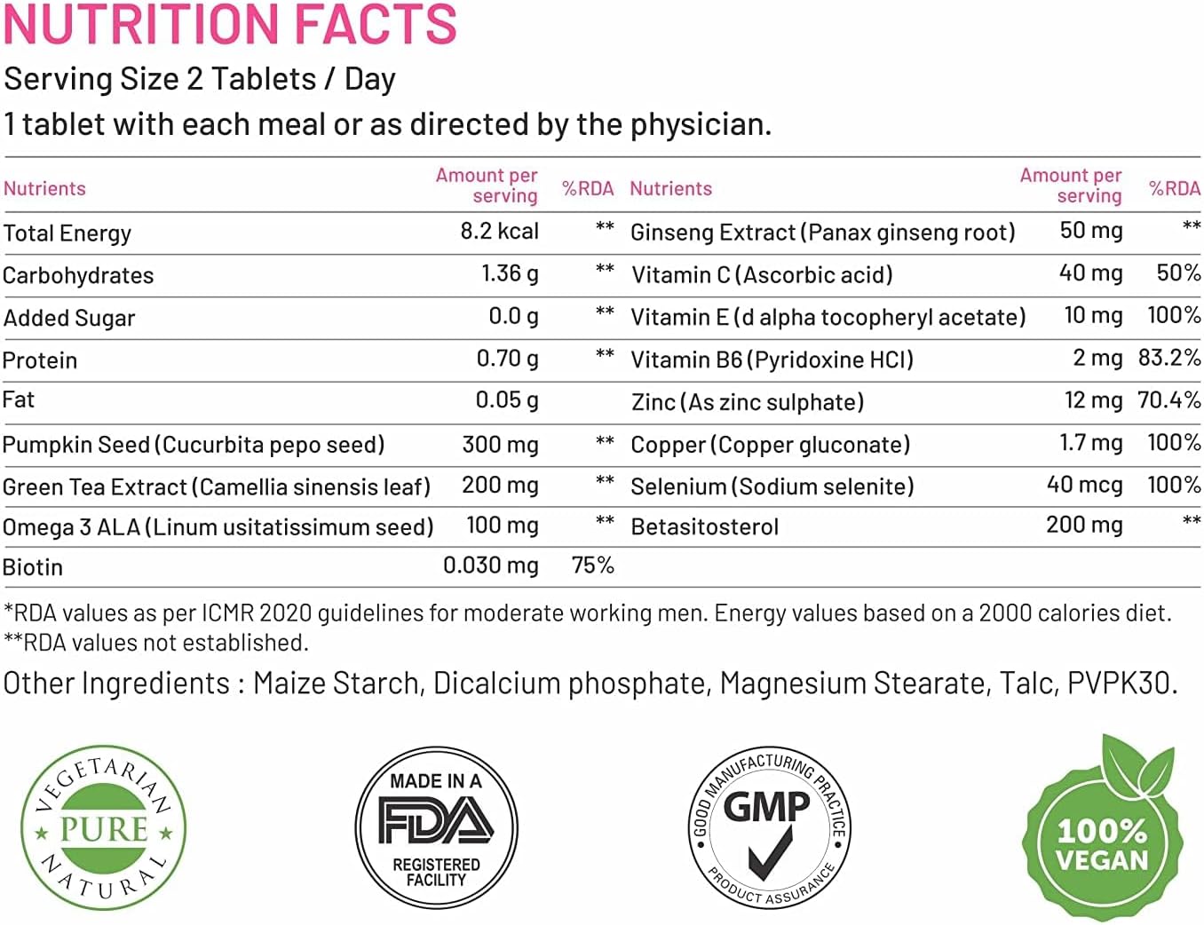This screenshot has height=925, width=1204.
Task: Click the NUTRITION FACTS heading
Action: click(x=230, y=24)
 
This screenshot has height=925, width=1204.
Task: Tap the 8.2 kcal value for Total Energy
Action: click(x=499, y=232)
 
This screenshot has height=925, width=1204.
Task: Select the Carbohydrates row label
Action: click(x=78, y=276)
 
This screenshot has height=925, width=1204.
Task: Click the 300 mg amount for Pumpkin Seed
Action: click(x=500, y=444)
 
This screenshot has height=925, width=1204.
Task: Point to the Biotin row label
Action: click(x=33, y=567)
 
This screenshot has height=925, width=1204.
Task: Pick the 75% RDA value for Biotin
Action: click(x=592, y=565)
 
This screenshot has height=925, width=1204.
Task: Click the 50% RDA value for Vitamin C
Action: click(x=1178, y=273)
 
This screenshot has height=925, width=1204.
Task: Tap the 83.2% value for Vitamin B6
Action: click(x=1169, y=359)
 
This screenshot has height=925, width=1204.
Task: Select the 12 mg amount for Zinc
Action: click(x=1093, y=400)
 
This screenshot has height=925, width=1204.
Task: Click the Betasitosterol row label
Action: click(x=704, y=527)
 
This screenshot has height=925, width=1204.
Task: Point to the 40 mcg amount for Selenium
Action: click(x=1084, y=486)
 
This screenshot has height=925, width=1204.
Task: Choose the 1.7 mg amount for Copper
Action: click(x=1090, y=443)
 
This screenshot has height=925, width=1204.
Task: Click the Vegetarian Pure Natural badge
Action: click(x=103, y=827)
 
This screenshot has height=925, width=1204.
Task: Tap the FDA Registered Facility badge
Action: click(x=436, y=827)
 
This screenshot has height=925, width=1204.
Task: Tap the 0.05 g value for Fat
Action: click(x=506, y=400)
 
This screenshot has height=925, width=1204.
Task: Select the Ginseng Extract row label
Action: click(x=822, y=233)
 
